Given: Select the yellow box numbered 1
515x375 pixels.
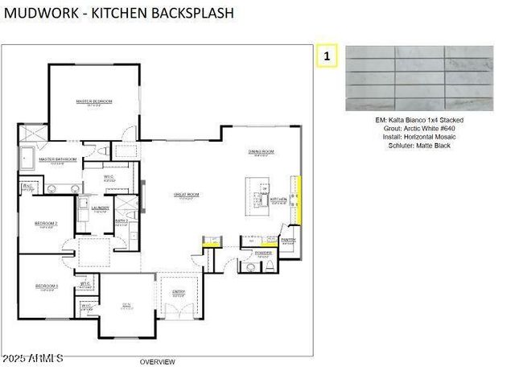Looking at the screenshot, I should click(x=327, y=56).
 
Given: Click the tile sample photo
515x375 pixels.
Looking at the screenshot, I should click(x=419, y=78).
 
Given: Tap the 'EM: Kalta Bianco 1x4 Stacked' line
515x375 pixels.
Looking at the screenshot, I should click(x=419, y=119).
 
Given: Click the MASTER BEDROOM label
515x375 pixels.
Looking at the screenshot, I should click(x=94, y=101).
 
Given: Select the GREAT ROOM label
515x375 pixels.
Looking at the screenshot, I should click(x=186, y=194).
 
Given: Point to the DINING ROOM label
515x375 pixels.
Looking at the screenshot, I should click(x=262, y=151).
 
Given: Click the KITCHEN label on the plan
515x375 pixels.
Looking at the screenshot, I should click(x=278, y=199).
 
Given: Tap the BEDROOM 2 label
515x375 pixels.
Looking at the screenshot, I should click(x=45, y=223).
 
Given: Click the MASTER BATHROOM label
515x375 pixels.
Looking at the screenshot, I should click(x=57, y=159).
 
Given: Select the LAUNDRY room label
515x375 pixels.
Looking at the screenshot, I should click(x=100, y=208).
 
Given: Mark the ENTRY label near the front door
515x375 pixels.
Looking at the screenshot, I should click(x=179, y=291).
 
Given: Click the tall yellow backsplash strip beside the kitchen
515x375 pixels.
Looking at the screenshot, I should click(x=299, y=199).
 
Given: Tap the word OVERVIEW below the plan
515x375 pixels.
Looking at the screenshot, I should click(x=157, y=362).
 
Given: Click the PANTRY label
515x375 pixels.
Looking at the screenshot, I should click(x=289, y=239).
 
